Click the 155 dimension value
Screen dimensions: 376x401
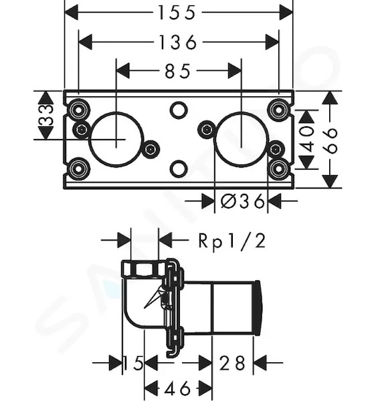[177, 13]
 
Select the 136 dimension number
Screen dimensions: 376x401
[178, 43]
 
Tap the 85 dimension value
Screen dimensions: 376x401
[178, 71]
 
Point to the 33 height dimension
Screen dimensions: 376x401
[47, 116]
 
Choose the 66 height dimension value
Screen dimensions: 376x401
[331, 140]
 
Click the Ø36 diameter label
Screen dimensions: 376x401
[242, 201]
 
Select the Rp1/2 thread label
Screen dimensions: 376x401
[232, 241]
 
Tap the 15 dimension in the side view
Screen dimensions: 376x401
[133, 363]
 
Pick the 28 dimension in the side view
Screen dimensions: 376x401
[233, 363]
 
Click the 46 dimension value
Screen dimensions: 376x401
[178, 389]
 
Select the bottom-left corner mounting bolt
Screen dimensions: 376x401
[78, 169]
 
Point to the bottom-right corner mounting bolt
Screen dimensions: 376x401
[278, 169]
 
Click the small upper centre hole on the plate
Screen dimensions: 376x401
[179, 110]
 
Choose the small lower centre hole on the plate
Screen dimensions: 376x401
[179, 169]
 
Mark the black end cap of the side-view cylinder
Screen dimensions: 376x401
[258, 308]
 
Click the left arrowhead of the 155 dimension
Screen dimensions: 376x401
[71, 12]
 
